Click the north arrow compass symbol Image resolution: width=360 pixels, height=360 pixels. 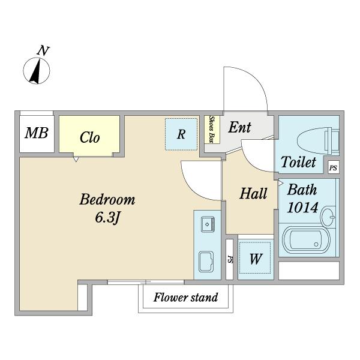tap(37, 71)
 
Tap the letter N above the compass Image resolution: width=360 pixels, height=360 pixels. tap(43, 51)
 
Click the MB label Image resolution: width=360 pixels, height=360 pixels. tap(36, 133)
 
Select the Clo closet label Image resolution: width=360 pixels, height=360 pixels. tap(89, 137)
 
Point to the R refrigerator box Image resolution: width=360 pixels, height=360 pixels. tap(181, 134)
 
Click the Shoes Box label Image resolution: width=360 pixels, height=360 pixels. tap(212, 129)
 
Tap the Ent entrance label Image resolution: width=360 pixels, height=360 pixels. tap(240, 127)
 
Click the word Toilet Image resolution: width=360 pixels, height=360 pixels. tap(298, 162)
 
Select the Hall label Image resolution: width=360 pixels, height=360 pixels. tap(253, 194)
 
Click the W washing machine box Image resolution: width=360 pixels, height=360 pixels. tap(256, 259)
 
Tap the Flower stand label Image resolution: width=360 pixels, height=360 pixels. tap(185, 297)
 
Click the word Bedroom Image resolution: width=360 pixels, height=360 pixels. tap(107, 199)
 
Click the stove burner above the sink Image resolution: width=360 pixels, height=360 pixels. tap(206, 225)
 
